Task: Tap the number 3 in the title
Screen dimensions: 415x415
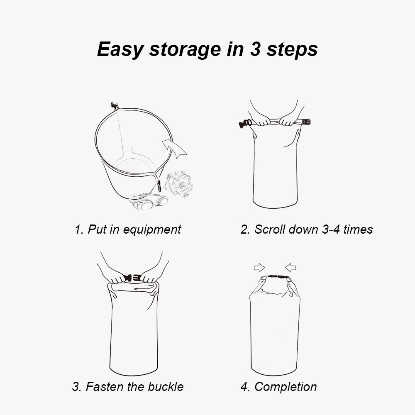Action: point(255,49)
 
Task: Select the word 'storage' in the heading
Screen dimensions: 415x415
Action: point(185,49)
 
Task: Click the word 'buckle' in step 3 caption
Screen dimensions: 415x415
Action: point(166,387)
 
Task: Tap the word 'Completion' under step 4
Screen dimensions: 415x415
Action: point(286,387)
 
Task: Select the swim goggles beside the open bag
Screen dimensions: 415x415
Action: point(148,201)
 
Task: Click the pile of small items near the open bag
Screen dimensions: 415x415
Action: point(178,183)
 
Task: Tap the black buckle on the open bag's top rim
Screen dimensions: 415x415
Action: point(115,106)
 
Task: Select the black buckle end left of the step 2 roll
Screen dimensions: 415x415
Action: point(245,124)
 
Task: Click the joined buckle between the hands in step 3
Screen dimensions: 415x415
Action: point(132,278)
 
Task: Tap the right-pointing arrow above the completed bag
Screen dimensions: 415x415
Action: point(259,268)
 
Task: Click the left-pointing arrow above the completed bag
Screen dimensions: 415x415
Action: point(290,268)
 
